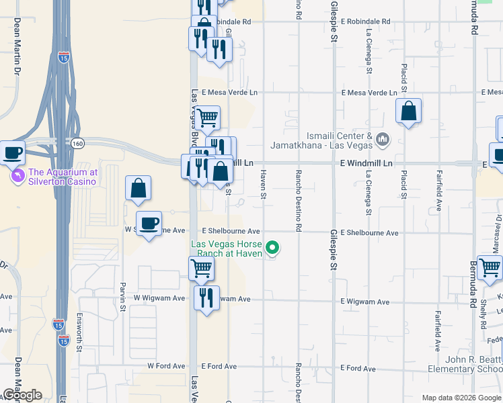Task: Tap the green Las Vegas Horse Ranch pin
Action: (272, 249)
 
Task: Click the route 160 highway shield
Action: (77, 142)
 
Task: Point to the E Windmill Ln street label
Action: (366, 163)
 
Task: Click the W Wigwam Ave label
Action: (159, 298)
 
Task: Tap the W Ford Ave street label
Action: (165, 366)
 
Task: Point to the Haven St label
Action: (264, 184)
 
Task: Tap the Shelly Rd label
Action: (483, 312)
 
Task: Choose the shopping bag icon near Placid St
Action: (408, 111)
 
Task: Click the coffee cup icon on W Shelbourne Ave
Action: (149, 222)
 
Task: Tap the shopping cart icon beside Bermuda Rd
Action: (490, 267)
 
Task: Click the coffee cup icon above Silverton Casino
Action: (12, 154)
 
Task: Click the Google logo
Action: (22, 395)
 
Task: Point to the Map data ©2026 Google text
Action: (461, 398)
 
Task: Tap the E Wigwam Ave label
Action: (364, 302)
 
